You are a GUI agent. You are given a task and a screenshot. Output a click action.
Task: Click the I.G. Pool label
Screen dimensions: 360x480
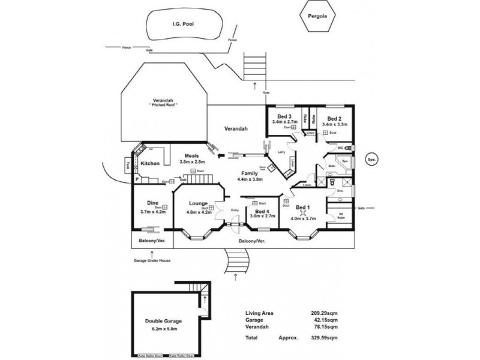coord(185,24)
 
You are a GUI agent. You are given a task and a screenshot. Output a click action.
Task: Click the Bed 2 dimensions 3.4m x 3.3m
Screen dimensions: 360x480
coord(335,124)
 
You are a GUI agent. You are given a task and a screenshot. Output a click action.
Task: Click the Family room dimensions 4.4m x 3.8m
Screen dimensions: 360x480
coord(251,179)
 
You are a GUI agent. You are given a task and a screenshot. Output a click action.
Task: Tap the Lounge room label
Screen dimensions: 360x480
coord(197,203)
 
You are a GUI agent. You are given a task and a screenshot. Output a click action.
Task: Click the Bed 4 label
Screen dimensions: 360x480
coord(262,212)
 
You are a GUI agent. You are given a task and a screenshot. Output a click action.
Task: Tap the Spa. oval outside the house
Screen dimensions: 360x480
coord(371,160)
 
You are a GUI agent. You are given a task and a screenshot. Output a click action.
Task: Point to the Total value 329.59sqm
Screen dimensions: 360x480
coord(325,338)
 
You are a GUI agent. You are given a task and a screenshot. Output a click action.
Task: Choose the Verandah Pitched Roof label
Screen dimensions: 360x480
coord(164,103)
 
